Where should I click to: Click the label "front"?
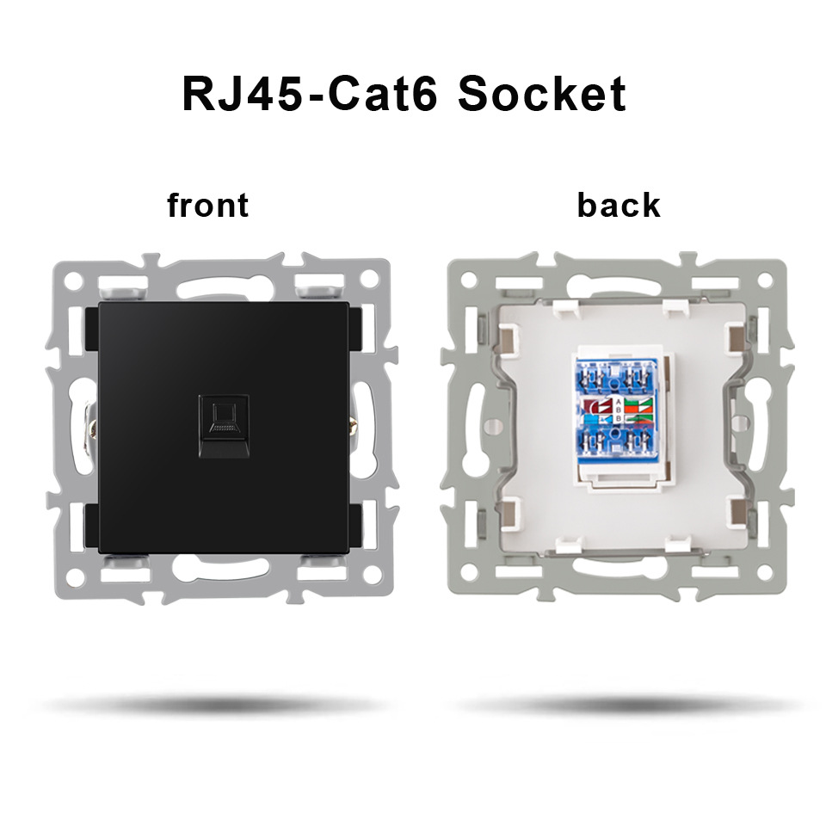click(x=207, y=206)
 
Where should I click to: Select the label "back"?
click(x=619, y=206)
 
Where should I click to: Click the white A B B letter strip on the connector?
click(x=617, y=411)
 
